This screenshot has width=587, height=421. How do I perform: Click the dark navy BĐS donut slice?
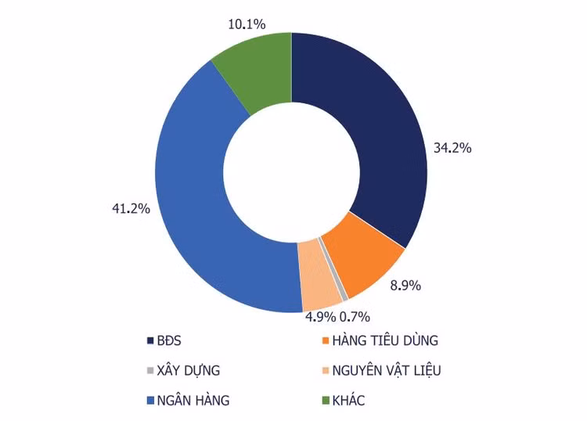(x=368, y=125)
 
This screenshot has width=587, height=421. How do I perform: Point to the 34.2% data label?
(x=452, y=147)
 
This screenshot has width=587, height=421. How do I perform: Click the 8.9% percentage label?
(x=405, y=286)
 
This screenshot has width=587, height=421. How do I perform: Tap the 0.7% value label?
(x=355, y=317)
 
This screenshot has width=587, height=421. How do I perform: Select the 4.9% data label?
(x=320, y=317)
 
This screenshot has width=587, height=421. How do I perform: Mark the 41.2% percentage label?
(x=131, y=209)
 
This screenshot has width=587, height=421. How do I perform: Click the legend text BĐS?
(x=168, y=341)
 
